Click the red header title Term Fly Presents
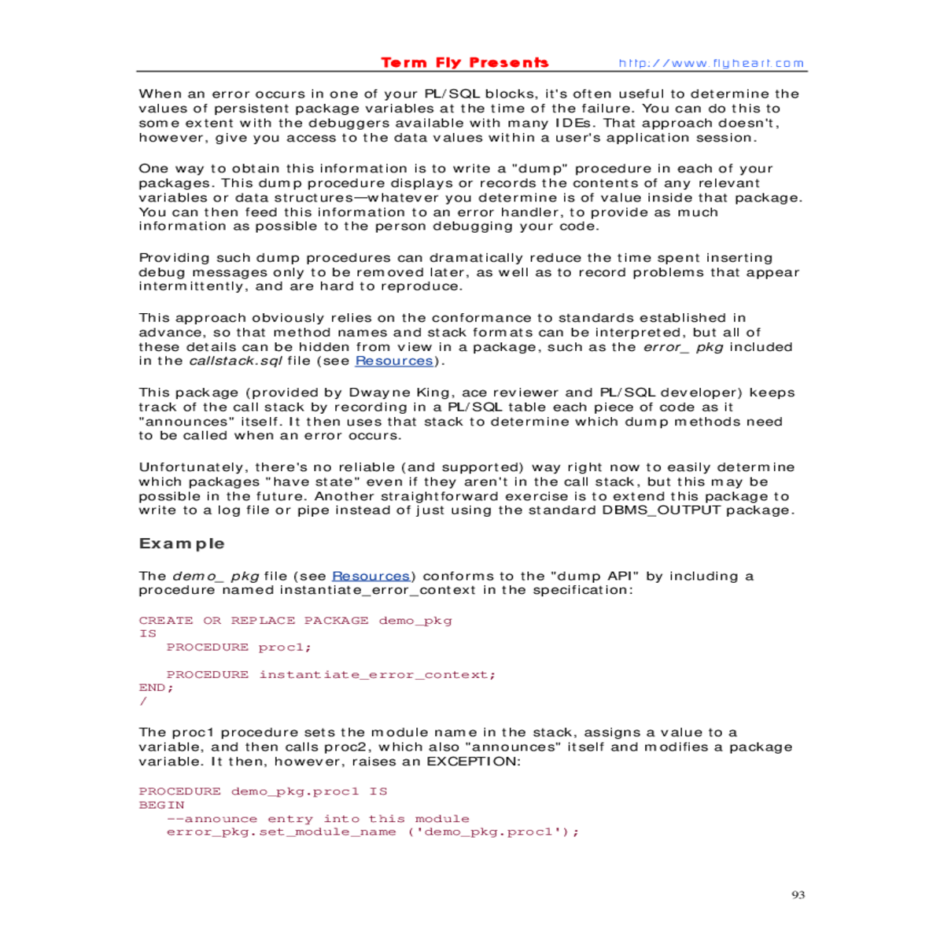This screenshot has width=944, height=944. click(464, 63)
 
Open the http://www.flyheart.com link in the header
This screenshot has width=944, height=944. click(711, 64)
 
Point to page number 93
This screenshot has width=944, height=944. click(798, 894)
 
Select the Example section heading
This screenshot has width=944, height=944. click(182, 544)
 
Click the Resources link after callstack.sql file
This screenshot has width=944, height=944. click(394, 361)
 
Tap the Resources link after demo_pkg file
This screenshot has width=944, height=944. click(371, 576)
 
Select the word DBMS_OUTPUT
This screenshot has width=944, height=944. click(661, 511)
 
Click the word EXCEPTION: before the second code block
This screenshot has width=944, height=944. click(474, 761)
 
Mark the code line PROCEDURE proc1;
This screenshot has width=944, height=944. click(239, 647)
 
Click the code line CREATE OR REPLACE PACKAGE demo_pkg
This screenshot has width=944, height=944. click(295, 621)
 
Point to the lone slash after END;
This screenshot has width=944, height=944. click(143, 701)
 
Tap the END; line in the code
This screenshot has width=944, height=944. click(156, 688)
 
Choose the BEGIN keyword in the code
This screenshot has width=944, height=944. click(161, 805)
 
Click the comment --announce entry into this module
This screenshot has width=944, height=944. click(318, 819)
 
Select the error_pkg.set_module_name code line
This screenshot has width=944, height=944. click(372, 832)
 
